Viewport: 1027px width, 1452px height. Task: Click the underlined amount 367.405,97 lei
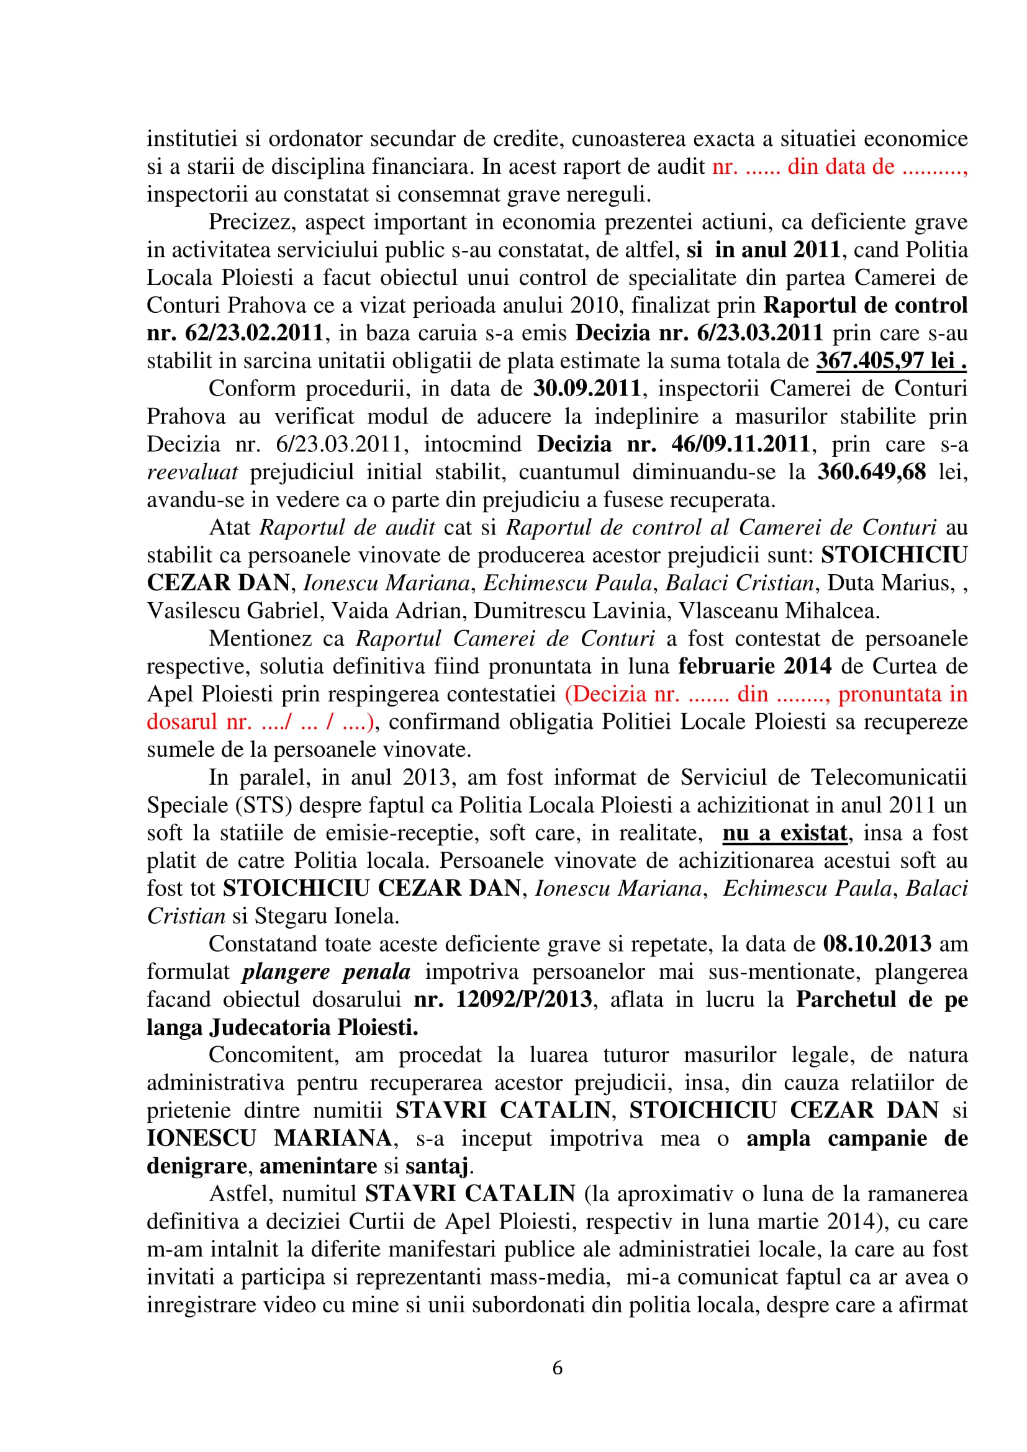click(x=890, y=361)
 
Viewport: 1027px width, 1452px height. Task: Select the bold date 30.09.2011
click(x=587, y=387)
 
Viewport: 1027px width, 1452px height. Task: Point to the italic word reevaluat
click(x=192, y=472)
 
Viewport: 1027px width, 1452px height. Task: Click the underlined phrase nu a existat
click(x=784, y=833)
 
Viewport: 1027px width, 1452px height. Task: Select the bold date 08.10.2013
click(x=877, y=944)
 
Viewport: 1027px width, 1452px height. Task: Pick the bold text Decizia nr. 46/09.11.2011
click(x=673, y=444)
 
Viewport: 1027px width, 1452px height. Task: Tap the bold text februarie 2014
click(x=755, y=666)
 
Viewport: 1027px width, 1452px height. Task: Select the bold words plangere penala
click(x=327, y=972)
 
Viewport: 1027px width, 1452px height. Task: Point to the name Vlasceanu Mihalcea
click(x=779, y=610)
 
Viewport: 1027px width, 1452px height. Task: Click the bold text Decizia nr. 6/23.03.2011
click(x=699, y=333)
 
